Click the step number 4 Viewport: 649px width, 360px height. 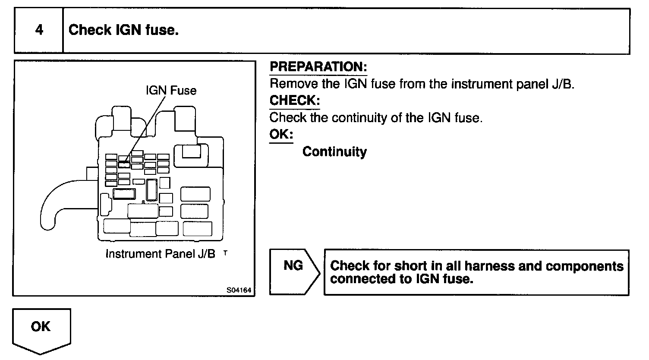tap(39, 30)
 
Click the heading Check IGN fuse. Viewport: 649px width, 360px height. tap(123, 30)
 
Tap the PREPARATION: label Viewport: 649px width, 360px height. tap(318, 67)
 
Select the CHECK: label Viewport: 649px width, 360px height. tap(295, 101)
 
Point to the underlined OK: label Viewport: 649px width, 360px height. tap(281, 134)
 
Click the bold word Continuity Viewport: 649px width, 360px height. tap(334, 152)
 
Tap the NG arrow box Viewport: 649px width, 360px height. tap(294, 272)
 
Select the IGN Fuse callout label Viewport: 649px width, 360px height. tap(171, 91)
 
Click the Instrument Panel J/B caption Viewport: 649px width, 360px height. tap(160, 254)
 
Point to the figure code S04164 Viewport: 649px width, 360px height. tap(239, 290)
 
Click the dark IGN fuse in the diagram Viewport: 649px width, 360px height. tap(124, 164)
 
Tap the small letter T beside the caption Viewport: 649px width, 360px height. tap(225, 252)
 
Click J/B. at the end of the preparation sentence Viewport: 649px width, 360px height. tap(563, 84)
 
